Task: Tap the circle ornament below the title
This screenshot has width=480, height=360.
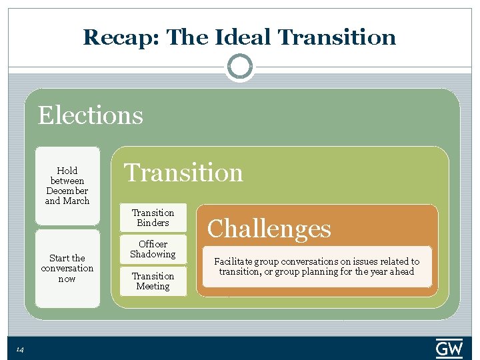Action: [x=240, y=67]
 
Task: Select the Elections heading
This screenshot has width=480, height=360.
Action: [x=90, y=115]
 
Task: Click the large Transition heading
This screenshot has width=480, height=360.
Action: [x=184, y=173]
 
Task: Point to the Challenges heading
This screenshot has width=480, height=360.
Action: [x=269, y=229]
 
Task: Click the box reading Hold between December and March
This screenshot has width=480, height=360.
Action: [x=67, y=185]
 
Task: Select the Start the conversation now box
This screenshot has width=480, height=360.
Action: [x=67, y=268]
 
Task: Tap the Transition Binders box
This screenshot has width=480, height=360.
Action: [x=153, y=218]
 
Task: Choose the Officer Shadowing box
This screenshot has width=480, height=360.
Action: [x=153, y=249]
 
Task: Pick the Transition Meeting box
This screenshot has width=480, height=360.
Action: [x=153, y=281]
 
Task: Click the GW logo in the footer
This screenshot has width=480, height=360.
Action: [x=449, y=349]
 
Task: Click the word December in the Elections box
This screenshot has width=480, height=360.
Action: [x=67, y=191]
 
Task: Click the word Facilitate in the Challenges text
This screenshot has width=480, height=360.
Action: [x=234, y=261]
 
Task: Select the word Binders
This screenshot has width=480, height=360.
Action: [x=153, y=223]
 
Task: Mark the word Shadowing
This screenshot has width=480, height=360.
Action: [x=153, y=254]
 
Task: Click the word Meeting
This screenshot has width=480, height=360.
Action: [x=153, y=286]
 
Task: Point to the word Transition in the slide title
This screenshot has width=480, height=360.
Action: [x=337, y=37]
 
